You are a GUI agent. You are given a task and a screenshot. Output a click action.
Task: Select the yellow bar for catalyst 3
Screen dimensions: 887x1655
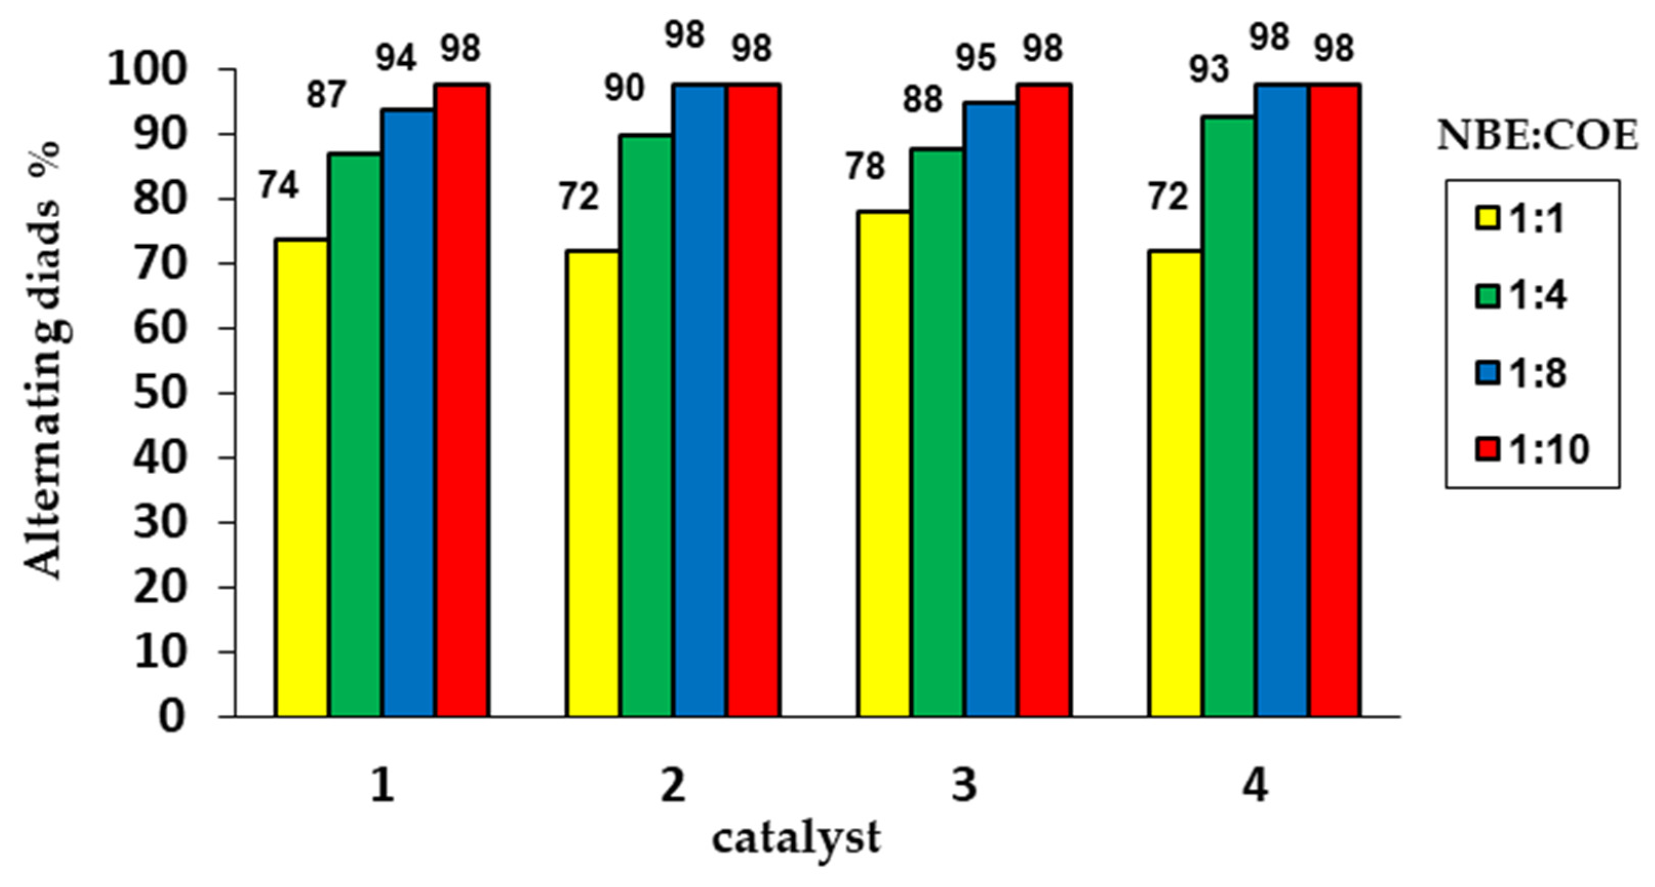884,464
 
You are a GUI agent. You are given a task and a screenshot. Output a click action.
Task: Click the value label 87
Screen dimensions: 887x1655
326,95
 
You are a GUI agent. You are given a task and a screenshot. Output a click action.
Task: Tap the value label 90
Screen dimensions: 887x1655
624,88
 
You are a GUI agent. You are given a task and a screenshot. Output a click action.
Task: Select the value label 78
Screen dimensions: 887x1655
865,166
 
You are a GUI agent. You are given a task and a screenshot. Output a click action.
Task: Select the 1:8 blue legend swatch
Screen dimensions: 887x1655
1486,373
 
